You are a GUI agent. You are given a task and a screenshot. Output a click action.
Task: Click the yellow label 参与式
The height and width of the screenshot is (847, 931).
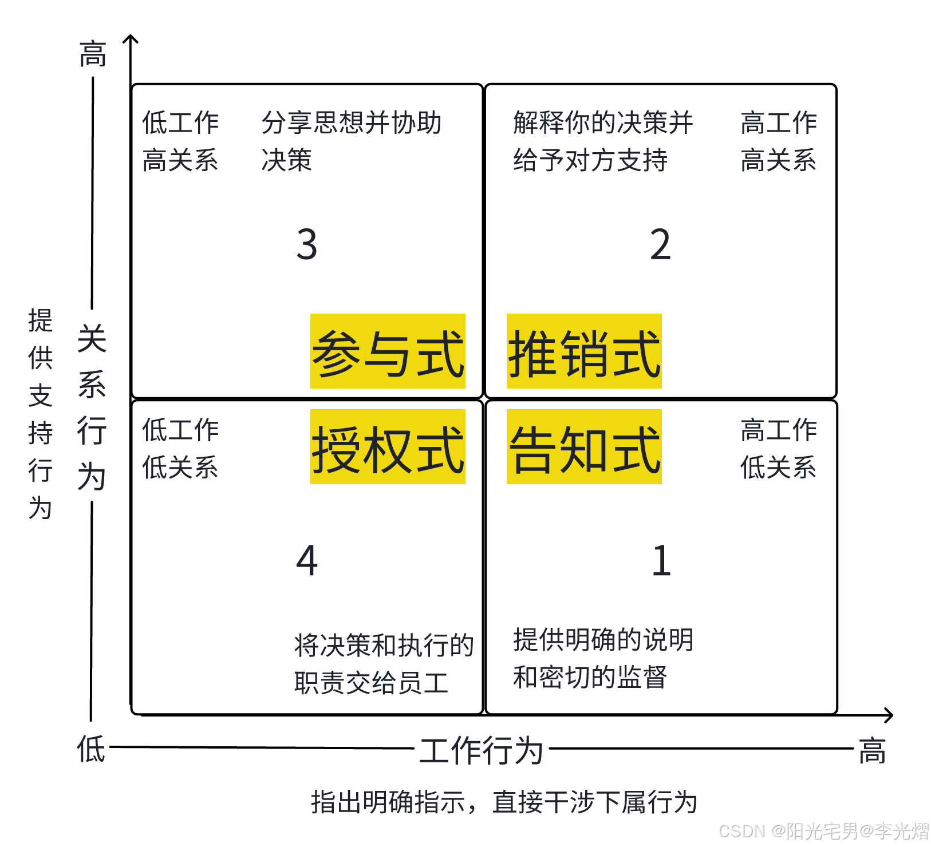[x=388, y=351]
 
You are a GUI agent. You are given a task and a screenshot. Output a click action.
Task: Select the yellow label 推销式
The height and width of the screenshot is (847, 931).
[x=584, y=351]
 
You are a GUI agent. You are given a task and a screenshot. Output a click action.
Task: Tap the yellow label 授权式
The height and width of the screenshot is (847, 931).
[x=388, y=447]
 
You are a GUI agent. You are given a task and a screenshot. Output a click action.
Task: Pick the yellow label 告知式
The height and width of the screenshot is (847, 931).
[x=584, y=447]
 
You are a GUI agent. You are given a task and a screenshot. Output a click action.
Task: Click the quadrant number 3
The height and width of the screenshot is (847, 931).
[x=307, y=244]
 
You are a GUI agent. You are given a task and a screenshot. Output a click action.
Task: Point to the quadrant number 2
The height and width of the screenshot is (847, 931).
[x=660, y=244]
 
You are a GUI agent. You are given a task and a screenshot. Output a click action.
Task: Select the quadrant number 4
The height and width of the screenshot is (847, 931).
[x=307, y=560]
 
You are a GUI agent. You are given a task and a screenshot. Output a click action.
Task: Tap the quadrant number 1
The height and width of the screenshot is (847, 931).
[x=661, y=560]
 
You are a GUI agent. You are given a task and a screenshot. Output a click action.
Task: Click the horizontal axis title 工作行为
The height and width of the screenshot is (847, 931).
[x=481, y=750]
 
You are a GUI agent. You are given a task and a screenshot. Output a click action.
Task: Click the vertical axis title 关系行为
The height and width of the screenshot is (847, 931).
[x=92, y=407]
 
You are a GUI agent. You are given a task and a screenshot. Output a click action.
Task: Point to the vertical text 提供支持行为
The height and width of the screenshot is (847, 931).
[x=40, y=414]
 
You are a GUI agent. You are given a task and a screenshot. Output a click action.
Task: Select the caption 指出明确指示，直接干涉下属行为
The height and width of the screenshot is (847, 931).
[x=504, y=802]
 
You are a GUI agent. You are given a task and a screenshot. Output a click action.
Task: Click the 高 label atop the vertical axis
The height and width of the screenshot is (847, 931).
[x=93, y=55]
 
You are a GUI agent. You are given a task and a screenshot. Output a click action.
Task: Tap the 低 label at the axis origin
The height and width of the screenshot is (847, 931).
[x=92, y=749]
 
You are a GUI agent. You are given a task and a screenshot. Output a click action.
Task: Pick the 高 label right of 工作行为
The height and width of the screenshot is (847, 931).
[x=872, y=751]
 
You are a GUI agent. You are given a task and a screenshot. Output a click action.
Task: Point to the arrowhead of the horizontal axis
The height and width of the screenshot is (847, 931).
[x=889, y=715]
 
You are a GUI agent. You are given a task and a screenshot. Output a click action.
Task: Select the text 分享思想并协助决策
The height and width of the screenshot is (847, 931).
[x=351, y=141]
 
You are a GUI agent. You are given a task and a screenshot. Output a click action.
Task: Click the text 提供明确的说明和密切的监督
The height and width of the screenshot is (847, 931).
[x=603, y=658]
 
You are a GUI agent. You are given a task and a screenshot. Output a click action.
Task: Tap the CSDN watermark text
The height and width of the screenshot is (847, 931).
[x=823, y=831]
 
